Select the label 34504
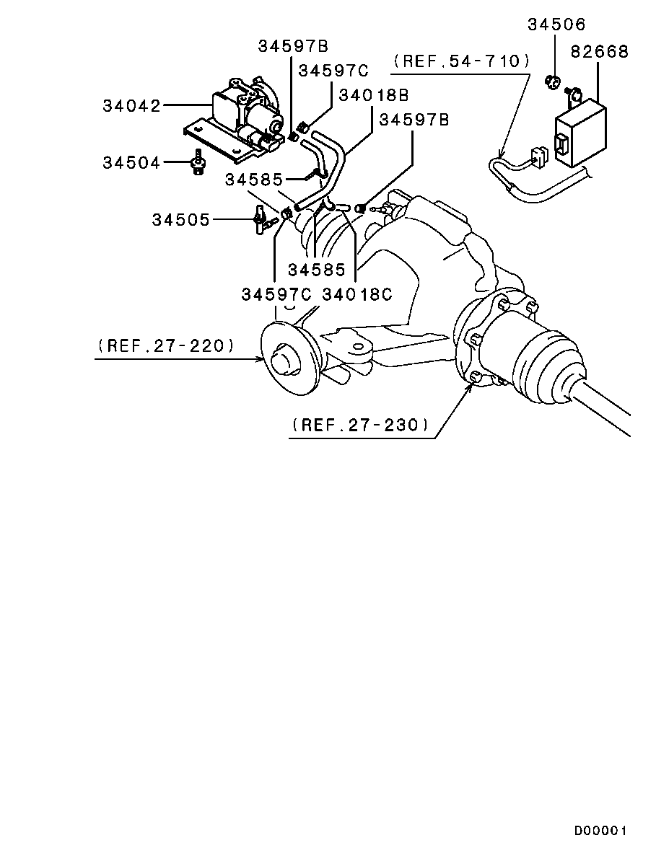pyautogui.click(x=131, y=163)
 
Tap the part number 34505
pyautogui.click(x=180, y=219)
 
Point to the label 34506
pyautogui.click(x=556, y=25)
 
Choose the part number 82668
pyautogui.click(x=600, y=52)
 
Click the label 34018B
pyautogui.click(x=374, y=94)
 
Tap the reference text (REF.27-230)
pyautogui.click(x=361, y=425)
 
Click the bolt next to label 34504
pyautogui.click(x=196, y=163)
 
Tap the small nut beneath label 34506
pyautogui.click(x=553, y=81)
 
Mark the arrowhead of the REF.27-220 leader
pyautogui.click(x=262, y=358)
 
